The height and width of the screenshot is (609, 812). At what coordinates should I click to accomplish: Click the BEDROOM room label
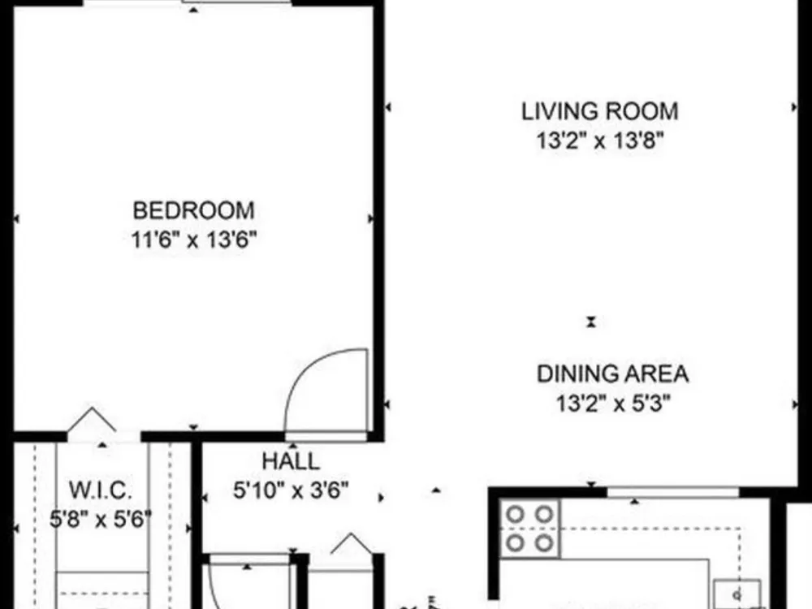tap(194, 211)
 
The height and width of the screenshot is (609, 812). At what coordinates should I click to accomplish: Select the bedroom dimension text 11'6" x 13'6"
tap(194, 240)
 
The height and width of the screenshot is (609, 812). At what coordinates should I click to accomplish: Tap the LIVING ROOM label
tap(600, 111)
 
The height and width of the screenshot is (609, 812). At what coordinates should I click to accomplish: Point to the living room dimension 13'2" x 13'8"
tap(600, 140)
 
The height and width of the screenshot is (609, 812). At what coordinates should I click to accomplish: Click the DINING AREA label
tap(612, 374)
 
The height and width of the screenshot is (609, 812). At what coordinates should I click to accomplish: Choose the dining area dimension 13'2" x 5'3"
tap(613, 403)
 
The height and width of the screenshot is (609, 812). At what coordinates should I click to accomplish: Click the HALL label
tap(291, 461)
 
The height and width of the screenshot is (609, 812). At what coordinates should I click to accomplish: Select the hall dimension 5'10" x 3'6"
tap(291, 490)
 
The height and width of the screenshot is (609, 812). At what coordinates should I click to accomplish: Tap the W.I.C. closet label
tap(101, 490)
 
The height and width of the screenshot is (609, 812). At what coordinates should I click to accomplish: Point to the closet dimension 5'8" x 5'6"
tap(101, 518)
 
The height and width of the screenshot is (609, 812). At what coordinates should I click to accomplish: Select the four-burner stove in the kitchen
tap(529, 529)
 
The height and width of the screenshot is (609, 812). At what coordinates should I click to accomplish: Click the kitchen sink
tap(737, 594)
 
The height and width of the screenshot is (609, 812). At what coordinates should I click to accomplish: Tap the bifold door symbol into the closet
tap(92, 419)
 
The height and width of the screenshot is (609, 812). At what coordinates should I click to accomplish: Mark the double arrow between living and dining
tap(591, 322)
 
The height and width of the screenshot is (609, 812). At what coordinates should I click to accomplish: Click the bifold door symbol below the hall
tap(352, 543)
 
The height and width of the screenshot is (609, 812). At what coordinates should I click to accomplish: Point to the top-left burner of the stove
tap(516, 515)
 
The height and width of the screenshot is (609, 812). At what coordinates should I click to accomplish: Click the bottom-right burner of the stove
tap(544, 543)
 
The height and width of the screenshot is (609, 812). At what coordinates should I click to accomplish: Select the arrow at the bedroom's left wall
tap(16, 219)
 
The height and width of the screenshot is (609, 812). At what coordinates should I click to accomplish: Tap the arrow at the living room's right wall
tap(794, 107)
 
